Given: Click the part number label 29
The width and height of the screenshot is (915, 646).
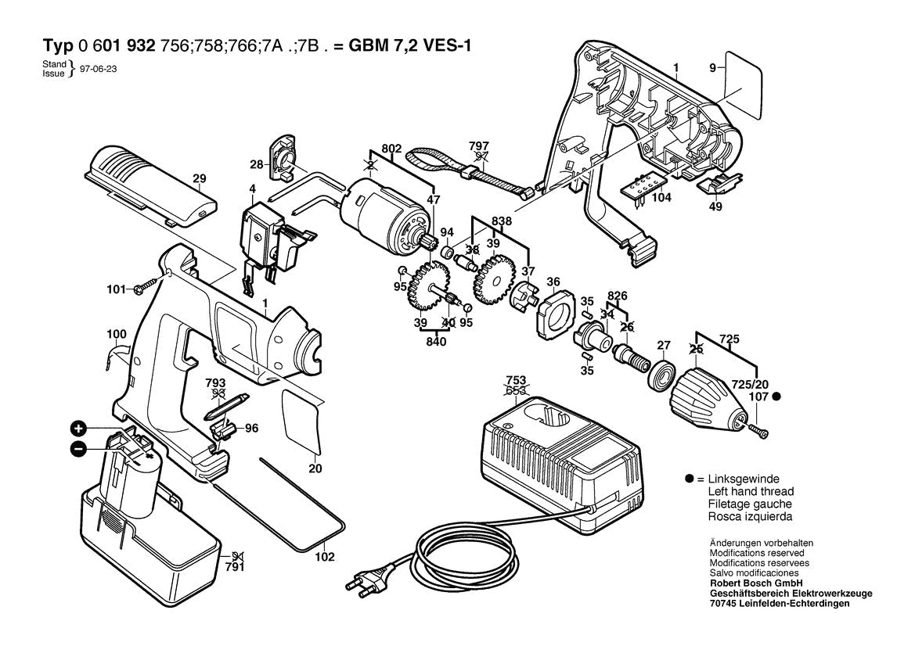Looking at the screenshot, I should pos(199,178).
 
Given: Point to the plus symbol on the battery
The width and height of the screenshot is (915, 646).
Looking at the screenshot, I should pos(79,428).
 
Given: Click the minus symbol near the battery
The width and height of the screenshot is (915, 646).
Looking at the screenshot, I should pos(79,448).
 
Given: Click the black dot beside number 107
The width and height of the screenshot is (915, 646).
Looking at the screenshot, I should pos(776,397).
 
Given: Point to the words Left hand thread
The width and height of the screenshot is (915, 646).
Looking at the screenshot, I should pos(750,491).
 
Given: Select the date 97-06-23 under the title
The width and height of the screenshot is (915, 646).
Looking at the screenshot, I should pos(99,69).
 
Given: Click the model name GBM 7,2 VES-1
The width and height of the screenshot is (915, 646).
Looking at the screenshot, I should pos(410,45).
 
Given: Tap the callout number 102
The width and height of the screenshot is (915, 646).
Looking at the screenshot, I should pos(325,557).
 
